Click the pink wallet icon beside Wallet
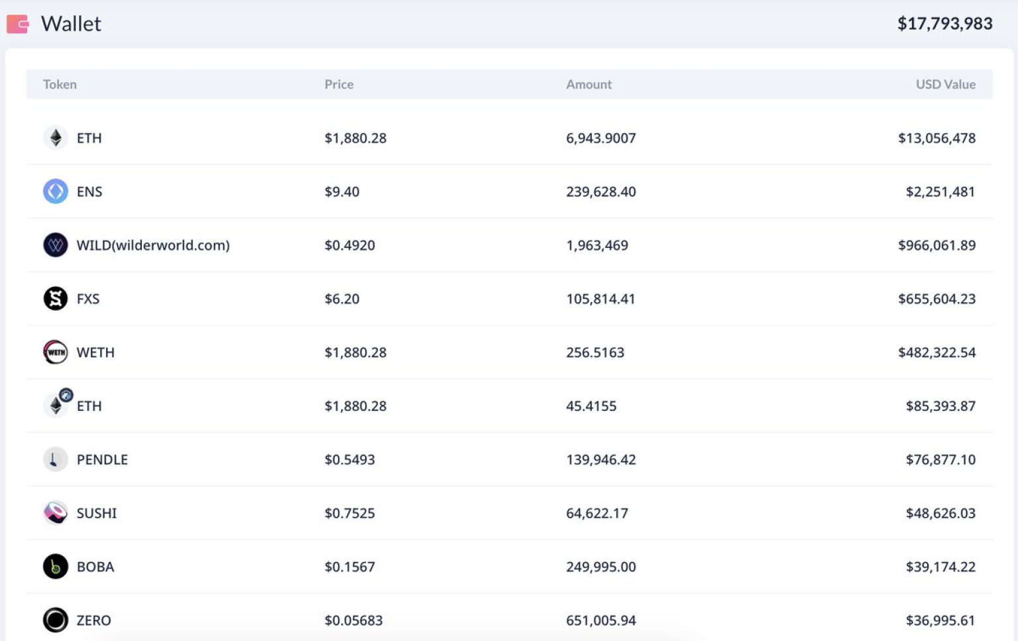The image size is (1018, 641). [x=18, y=24]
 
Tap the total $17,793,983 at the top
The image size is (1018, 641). [x=944, y=24]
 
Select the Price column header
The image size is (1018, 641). [x=339, y=84]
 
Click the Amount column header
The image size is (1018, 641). [x=589, y=84]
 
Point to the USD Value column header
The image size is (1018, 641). [x=945, y=84]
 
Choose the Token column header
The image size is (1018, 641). [x=60, y=84]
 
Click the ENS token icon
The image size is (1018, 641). [x=56, y=192]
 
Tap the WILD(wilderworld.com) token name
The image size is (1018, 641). [x=153, y=245]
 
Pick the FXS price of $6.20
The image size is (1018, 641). [x=342, y=299]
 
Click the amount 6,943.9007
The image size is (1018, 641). [x=600, y=138]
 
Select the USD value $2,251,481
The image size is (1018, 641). [x=940, y=192]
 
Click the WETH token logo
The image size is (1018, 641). [x=56, y=352]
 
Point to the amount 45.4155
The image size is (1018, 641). [x=591, y=406]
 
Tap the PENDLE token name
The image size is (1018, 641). [x=102, y=459]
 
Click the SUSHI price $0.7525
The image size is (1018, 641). [x=349, y=513]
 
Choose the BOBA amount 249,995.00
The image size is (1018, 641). [x=600, y=567]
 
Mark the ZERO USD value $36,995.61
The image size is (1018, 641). [x=940, y=620]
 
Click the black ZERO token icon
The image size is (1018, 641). [x=56, y=620]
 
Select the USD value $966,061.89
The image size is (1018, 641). [x=936, y=245]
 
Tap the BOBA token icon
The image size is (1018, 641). [x=56, y=567]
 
